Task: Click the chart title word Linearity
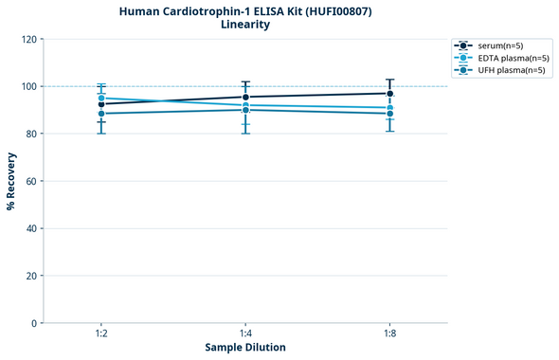coord(244,25)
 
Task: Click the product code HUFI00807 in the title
coord(336,10)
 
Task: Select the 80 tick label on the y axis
coord(30,134)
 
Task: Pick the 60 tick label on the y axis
coord(30,181)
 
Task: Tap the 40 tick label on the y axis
coord(30,228)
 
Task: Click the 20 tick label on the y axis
coord(30,276)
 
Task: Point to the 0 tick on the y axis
coord(33,323)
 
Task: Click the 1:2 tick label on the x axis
coord(101,333)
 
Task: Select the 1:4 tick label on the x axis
coord(245,333)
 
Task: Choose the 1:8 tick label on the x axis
coord(389,333)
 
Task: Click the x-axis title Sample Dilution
coord(245,348)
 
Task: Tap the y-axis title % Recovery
coord(11,180)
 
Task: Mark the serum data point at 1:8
coord(389,93)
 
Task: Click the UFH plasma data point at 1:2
coord(101,114)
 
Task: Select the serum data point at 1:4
coord(245,97)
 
